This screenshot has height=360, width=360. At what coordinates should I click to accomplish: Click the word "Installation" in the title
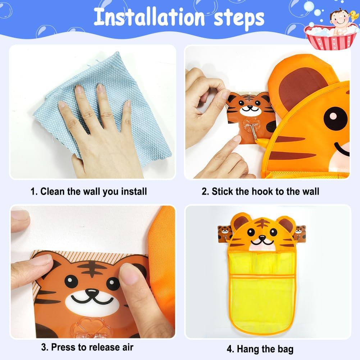pos(149,17)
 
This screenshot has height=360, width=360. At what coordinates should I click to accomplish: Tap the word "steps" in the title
pos(239,19)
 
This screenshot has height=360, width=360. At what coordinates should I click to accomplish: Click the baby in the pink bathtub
pos(340,22)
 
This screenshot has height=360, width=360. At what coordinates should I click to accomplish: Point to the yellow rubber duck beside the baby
pos(354,15)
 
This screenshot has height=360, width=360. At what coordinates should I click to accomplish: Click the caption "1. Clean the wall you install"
pos(88,191)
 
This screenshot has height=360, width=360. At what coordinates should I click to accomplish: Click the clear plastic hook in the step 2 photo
pos(252,127)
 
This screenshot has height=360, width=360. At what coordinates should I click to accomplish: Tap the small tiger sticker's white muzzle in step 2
pos(250,110)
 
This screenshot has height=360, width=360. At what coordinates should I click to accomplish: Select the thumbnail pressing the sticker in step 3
pos(129,274)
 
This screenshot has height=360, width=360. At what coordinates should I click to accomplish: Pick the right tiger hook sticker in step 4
pos(300,234)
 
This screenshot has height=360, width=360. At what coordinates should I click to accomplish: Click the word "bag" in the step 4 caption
pos(286,349)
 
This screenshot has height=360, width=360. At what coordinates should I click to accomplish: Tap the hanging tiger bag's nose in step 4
pos(262,239)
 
